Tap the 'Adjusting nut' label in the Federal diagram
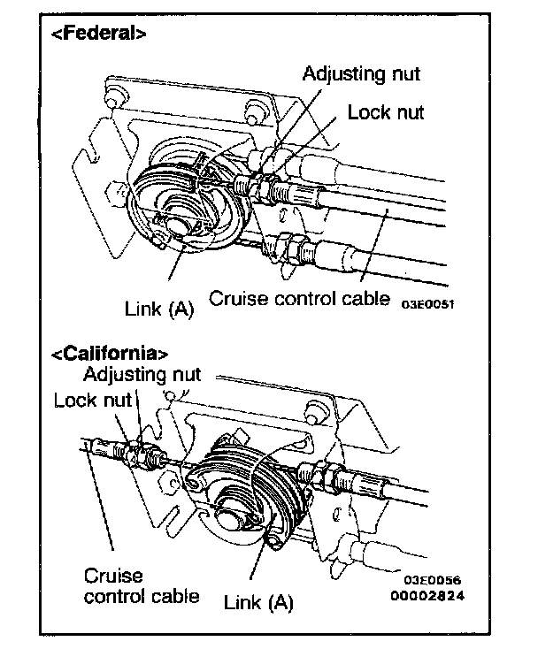[361, 73]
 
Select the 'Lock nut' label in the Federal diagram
[385, 112]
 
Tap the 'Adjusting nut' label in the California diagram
[142, 374]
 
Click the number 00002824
[429, 595]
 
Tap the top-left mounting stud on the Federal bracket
[113, 93]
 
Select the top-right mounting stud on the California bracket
[312, 408]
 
